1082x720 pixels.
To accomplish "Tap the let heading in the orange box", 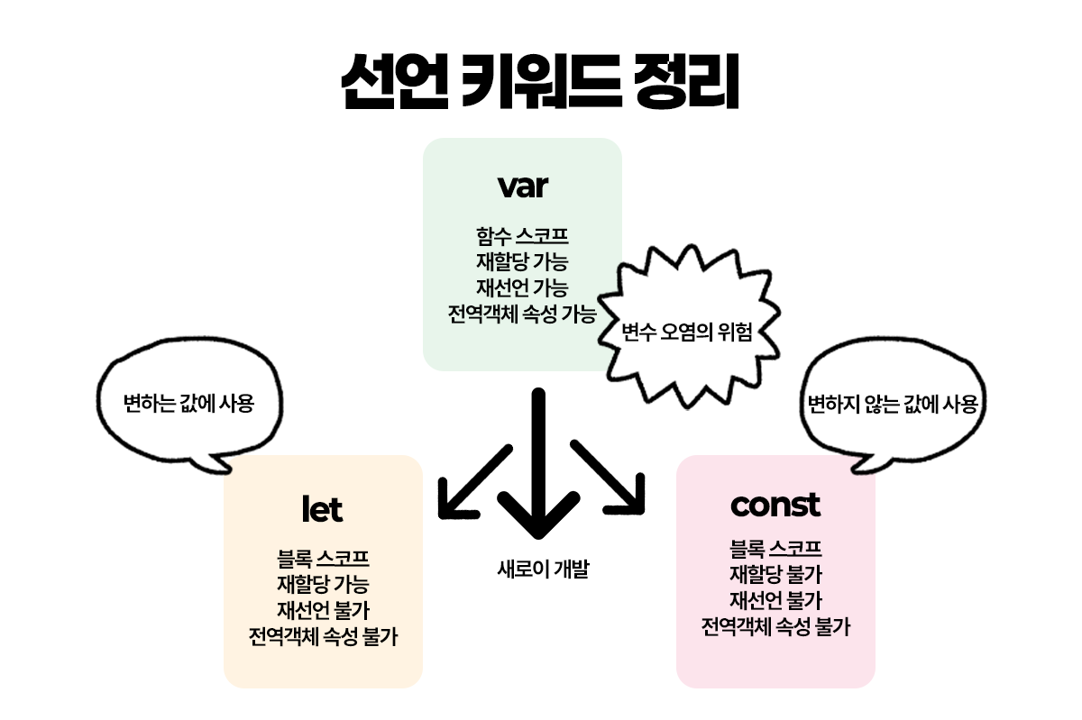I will click(x=322, y=510).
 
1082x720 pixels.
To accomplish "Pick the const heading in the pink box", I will click(x=775, y=505).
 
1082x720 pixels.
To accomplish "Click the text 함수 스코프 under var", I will click(x=522, y=237).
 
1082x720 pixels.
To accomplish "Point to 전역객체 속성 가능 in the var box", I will click(x=522, y=314).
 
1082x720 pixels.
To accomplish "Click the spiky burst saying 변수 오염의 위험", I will click(x=687, y=332).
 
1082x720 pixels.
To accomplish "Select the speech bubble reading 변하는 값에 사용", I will click(x=188, y=403).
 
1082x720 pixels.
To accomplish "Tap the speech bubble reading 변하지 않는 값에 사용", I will click(x=892, y=403).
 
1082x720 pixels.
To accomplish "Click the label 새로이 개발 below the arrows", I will click(x=542, y=570).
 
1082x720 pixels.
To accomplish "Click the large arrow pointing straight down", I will click(x=540, y=469).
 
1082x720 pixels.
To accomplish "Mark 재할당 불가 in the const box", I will click(x=775, y=574).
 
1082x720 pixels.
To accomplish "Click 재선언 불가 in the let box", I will click(x=323, y=610).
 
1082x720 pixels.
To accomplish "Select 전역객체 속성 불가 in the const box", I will click(x=775, y=626).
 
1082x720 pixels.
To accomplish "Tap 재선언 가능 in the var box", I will click(x=522, y=288).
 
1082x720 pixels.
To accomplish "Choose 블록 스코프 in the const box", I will click(x=775, y=548).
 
